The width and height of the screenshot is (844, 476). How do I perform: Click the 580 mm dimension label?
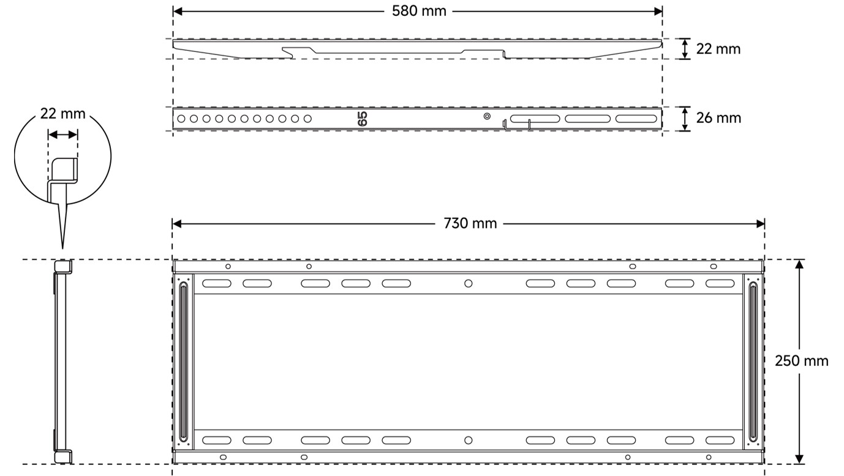click(419, 11)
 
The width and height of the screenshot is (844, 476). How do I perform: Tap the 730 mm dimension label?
click(470, 223)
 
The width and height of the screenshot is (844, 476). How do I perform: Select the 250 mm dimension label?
click(801, 361)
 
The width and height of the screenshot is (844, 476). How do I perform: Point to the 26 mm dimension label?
click(718, 118)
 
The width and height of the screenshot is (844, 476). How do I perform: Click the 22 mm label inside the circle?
click(63, 114)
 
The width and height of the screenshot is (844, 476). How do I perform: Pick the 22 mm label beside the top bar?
click(718, 50)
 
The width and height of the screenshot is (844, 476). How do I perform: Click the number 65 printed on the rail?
click(363, 119)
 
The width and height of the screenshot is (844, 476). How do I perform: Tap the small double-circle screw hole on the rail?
click(487, 116)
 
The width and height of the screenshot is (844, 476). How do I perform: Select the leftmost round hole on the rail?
click(181, 119)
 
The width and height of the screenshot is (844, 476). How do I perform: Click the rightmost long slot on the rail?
click(636, 119)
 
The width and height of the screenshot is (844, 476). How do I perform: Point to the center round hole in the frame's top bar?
click(469, 283)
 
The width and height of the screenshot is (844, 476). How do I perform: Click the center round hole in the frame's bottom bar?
click(469, 440)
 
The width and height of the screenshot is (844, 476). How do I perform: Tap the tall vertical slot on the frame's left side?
click(184, 362)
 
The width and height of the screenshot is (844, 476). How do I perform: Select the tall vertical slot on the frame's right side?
click(753, 362)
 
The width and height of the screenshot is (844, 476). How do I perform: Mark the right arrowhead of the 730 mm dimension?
click(760, 224)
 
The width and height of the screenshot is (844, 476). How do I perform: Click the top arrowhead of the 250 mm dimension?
click(799, 264)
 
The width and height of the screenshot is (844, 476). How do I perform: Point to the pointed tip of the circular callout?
click(62, 248)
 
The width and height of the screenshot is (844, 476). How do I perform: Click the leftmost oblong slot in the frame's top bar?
click(217, 283)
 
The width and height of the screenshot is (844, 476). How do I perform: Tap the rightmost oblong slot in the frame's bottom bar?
click(720, 441)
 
